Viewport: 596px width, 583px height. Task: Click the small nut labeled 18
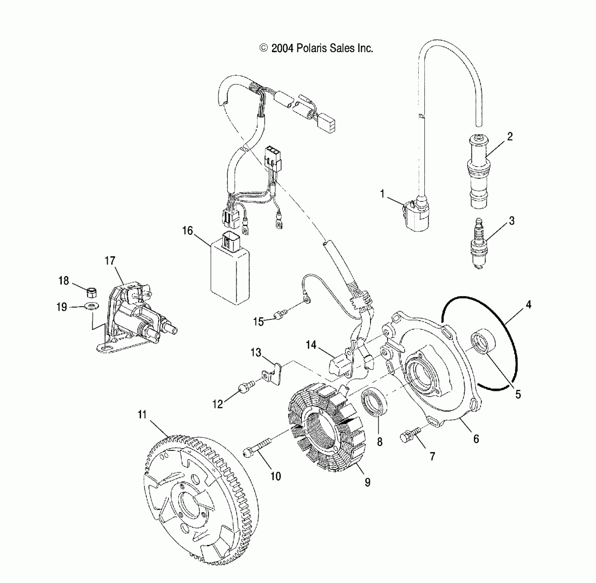coord(91,293)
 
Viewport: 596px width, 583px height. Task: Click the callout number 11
coord(142,415)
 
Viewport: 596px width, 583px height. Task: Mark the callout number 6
coord(476,439)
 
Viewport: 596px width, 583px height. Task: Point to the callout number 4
coord(528,304)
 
